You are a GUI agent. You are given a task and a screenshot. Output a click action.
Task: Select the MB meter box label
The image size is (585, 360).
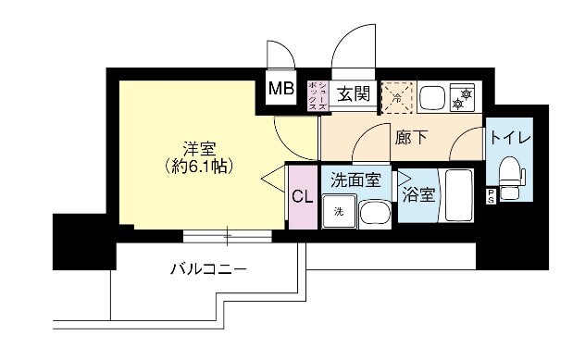point(280,90)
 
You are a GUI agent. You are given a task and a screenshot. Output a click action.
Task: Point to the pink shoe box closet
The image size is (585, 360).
point(317,94)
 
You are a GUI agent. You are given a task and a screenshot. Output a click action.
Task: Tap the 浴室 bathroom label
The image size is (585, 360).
point(418,194)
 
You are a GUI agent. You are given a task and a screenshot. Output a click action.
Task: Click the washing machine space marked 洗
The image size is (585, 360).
point(339,210)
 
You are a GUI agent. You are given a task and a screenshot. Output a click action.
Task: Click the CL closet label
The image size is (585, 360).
point(302,196)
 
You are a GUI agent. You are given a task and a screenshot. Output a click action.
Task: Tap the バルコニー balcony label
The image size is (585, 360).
point(207,269)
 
